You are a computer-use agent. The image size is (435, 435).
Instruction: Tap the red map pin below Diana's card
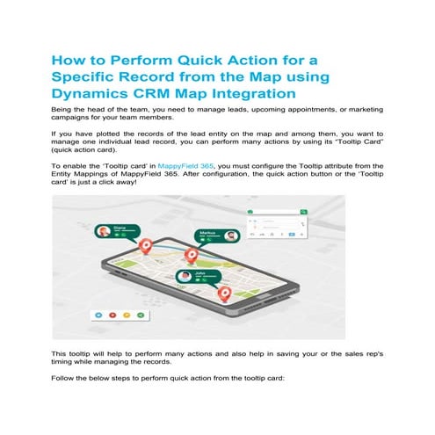(146, 247)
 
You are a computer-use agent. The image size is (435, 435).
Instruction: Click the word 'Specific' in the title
(91, 76)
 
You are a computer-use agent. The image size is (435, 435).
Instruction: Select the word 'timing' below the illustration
(65, 360)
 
